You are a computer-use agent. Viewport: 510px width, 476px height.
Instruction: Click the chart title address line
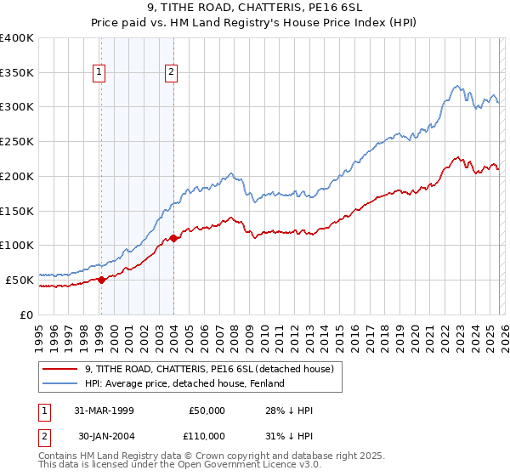click(x=254, y=8)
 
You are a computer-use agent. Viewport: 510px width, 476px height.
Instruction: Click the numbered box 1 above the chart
click(x=100, y=73)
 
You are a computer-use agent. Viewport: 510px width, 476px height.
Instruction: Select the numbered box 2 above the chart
click(x=172, y=73)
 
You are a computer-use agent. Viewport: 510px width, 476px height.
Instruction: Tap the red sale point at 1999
click(x=101, y=279)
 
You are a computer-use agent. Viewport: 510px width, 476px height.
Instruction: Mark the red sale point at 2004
click(x=173, y=238)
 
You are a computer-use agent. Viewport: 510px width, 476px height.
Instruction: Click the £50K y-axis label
click(x=20, y=279)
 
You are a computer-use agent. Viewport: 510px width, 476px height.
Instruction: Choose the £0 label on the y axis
click(x=27, y=314)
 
